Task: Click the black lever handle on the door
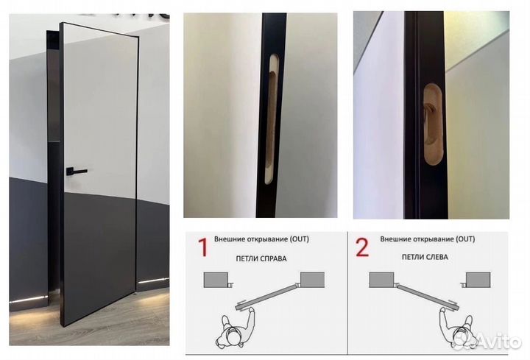[x=76, y=172]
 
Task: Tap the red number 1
[x=202, y=247]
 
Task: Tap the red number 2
[x=362, y=247]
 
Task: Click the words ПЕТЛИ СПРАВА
[x=261, y=258]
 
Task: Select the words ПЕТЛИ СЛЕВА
[x=425, y=257]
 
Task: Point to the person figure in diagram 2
[x=457, y=328]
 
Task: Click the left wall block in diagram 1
[x=215, y=280]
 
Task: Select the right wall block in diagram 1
[x=312, y=280]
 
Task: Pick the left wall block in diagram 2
[x=381, y=280]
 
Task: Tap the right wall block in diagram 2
[x=478, y=280]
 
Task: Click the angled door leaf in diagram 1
[x=266, y=297]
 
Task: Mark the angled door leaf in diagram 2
[x=428, y=297]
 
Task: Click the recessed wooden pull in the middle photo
[x=271, y=119]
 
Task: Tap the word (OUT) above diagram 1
[x=299, y=239]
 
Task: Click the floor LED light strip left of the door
[x=29, y=299]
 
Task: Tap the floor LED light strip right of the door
[x=154, y=280]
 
